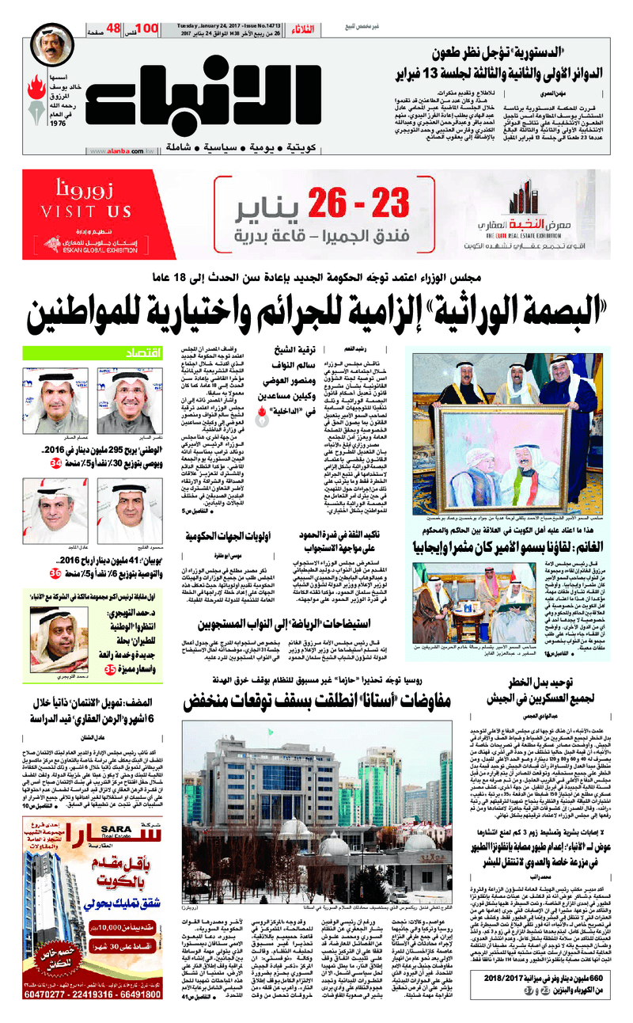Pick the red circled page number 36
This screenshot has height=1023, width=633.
tap(55, 572)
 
